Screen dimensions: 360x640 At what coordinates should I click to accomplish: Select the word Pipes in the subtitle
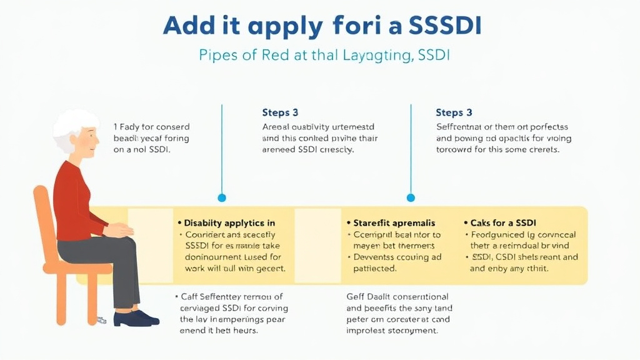pos(219,55)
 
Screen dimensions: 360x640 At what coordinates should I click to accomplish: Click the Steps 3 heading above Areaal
pos(280,113)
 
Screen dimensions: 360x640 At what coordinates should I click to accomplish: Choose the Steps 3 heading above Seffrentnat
pos(454,113)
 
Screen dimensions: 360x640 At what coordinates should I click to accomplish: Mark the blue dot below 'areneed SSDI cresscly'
pos(221,197)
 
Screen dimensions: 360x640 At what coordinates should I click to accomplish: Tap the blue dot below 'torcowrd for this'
pos(411,197)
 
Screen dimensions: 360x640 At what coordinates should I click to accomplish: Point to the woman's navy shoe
pos(134,318)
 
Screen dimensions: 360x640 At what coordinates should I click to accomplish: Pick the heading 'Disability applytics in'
pos(229,223)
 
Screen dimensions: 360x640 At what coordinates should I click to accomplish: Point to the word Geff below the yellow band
pos(357,297)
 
